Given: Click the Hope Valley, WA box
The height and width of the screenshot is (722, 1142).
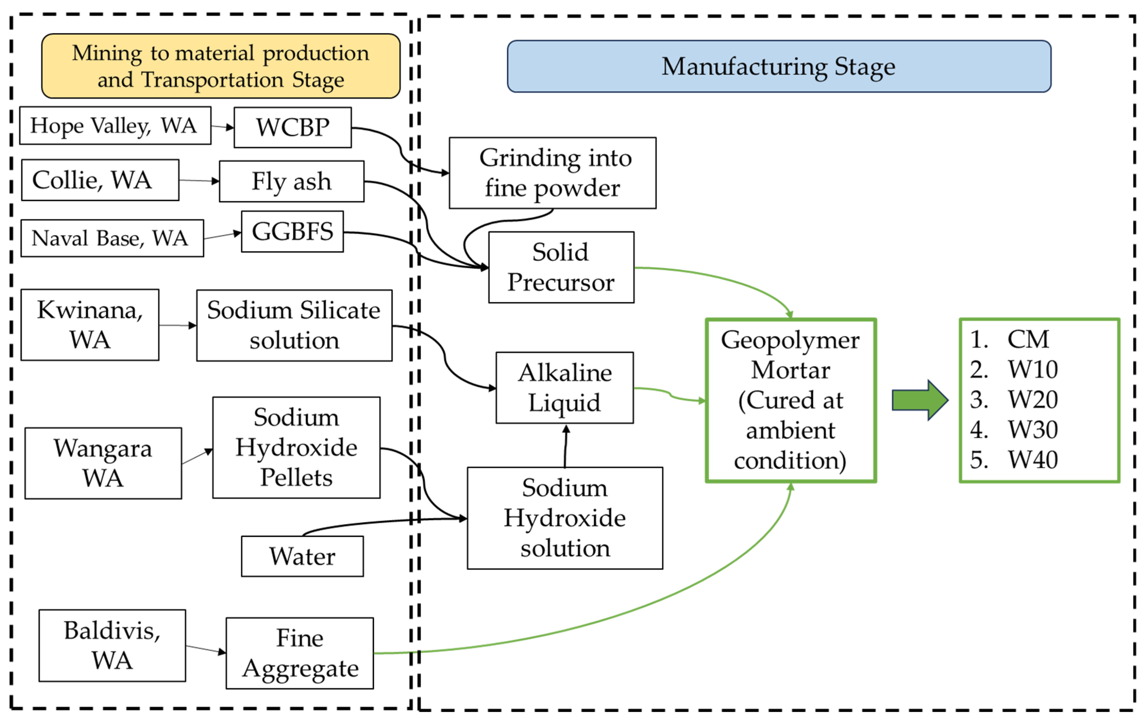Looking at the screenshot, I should click(x=115, y=126).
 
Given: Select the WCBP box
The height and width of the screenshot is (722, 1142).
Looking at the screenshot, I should click(x=293, y=128).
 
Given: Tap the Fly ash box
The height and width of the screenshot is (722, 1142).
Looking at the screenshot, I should click(x=292, y=181).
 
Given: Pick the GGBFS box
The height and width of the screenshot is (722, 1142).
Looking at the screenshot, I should click(x=292, y=231).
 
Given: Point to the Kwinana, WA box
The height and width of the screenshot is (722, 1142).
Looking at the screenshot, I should click(x=90, y=325).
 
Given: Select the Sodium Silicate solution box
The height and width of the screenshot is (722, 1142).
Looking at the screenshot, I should click(x=294, y=325).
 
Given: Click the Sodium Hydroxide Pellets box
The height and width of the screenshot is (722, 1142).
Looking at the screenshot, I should click(x=296, y=447).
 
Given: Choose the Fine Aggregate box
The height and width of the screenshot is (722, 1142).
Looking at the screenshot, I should click(x=300, y=653).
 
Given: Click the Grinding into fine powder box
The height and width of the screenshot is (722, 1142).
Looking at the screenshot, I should click(x=552, y=173).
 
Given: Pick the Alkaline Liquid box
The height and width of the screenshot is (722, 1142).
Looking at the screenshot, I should click(x=564, y=388).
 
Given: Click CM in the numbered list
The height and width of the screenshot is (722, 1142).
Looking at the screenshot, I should click(x=1028, y=340).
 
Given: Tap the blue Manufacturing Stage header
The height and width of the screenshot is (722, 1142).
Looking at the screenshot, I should click(x=779, y=67).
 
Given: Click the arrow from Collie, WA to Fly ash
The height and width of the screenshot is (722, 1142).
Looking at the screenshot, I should click(x=199, y=181).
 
